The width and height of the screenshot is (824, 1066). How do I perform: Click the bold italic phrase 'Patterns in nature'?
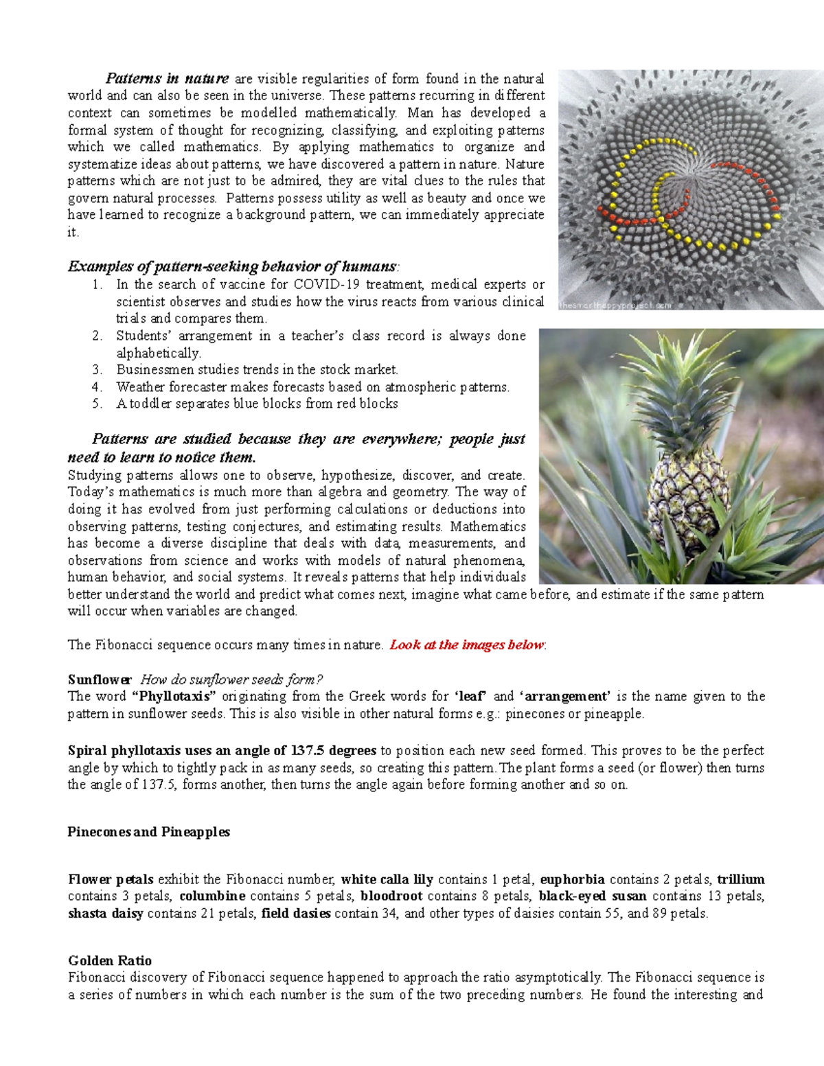click(x=167, y=79)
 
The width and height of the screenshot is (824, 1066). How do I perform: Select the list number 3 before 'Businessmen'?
click(x=97, y=370)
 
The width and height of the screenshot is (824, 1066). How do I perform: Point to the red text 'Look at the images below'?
click(x=467, y=645)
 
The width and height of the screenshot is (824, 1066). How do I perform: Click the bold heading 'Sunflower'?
click(x=100, y=680)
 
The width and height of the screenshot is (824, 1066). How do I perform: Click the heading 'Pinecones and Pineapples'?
click(x=148, y=832)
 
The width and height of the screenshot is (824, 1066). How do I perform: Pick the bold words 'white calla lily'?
click(x=387, y=879)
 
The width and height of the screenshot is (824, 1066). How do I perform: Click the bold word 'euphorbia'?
click(x=572, y=879)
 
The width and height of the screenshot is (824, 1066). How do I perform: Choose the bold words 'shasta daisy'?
click(x=106, y=914)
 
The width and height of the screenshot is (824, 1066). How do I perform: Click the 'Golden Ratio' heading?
click(x=110, y=960)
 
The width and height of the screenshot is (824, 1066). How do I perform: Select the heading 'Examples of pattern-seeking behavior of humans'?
click(x=232, y=266)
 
